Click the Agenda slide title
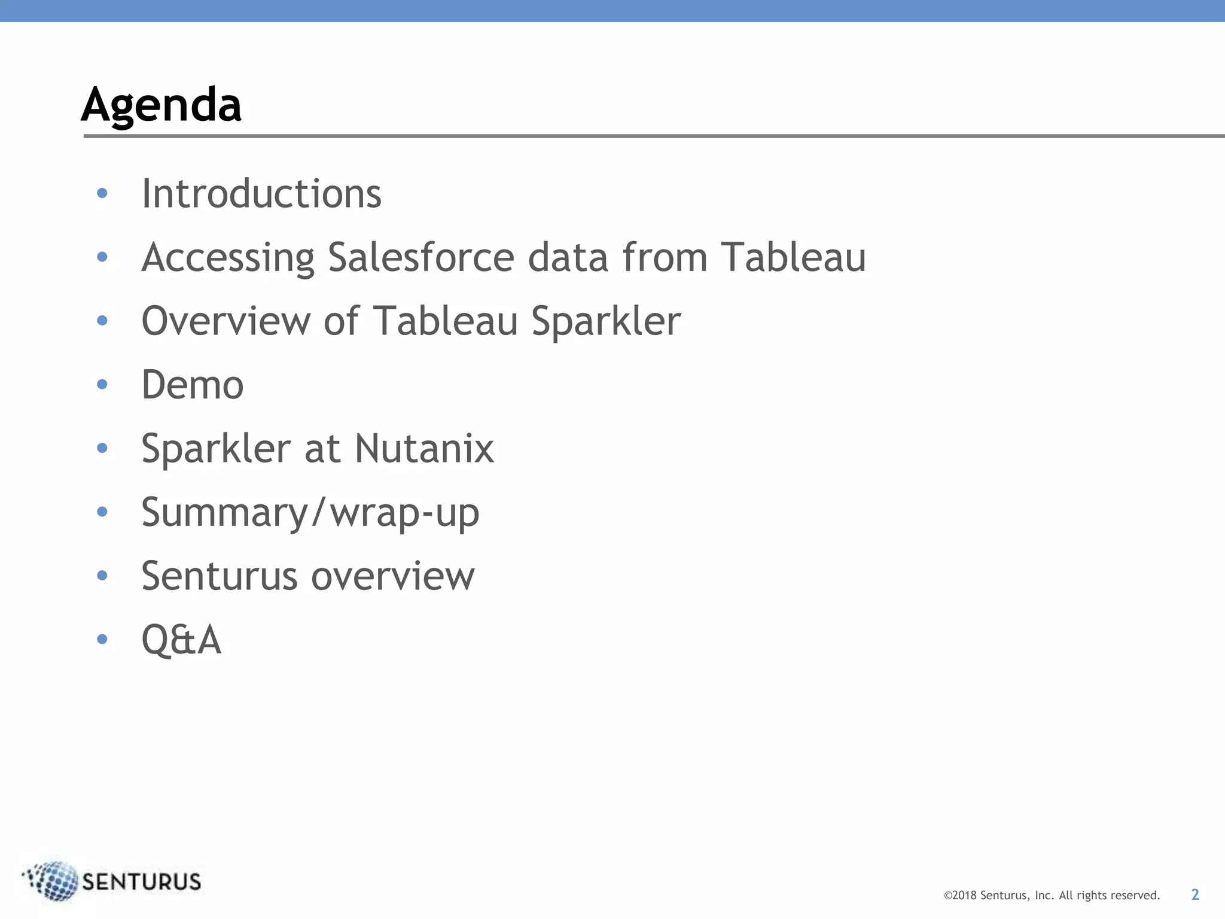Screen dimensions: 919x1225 click(161, 105)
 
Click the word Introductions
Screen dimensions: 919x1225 click(261, 194)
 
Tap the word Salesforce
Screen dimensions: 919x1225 click(421, 257)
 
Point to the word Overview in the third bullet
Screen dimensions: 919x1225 click(226, 321)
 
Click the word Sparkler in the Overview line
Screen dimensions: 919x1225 click(606, 322)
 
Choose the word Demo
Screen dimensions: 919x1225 click(193, 385)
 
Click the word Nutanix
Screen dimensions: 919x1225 click(424, 448)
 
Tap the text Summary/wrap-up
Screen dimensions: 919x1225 click(310, 513)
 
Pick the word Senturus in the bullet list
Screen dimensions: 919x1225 click(219, 576)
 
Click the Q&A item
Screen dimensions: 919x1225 click(181, 640)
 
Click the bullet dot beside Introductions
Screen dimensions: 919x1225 click(102, 193)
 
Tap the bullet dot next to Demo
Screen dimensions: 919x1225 click(102, 384)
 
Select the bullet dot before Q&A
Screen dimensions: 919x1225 click(102, 639)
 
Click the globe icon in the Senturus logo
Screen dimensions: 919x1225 click(54, 881)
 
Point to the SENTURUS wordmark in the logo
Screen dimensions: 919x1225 click(142, 882)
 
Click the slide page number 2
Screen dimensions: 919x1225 click(1195, 894)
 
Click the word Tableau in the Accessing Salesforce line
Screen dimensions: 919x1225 click(793, 257)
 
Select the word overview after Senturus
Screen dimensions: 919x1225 click(393, 576)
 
